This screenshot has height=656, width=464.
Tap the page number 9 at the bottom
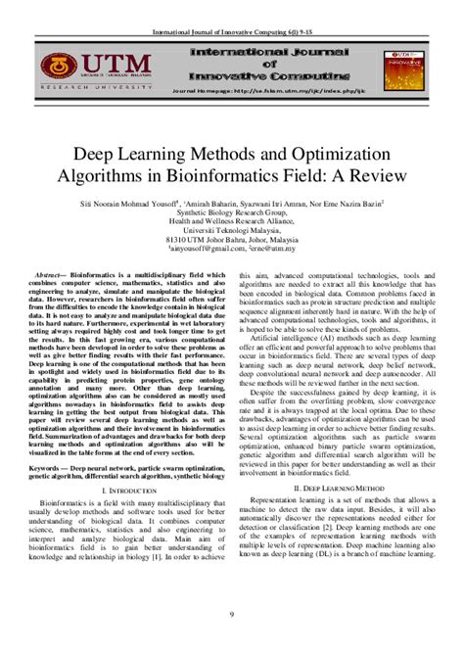232,613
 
